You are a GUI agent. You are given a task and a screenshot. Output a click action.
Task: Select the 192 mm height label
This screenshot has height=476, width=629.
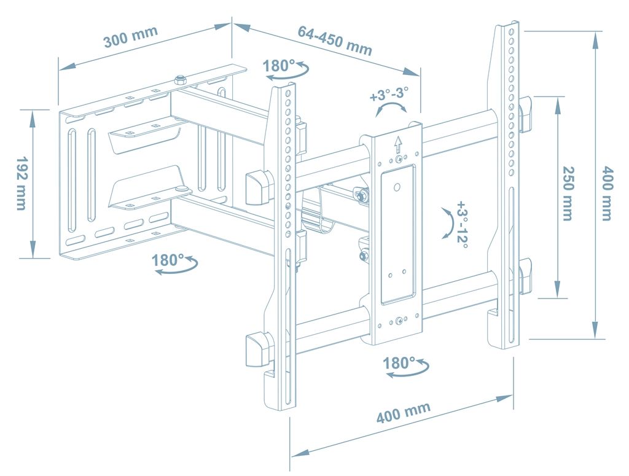pyautogui.click(x=21, y=183)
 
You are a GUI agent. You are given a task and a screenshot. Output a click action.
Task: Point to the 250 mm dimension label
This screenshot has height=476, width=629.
pyautogui.click(x=567, y=193)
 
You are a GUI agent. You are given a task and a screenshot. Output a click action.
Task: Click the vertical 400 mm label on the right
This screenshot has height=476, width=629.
pyautogui.click(x=607, y=193)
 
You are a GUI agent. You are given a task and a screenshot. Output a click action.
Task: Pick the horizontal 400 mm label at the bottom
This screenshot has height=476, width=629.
pyautogui.click(x=404, y=413)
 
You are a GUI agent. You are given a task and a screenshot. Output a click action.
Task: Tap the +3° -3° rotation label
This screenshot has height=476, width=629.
pyautogui.click(x=389, y=95)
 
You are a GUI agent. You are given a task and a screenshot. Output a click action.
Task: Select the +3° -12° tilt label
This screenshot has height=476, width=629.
pyautogui.click(x=461, y=224)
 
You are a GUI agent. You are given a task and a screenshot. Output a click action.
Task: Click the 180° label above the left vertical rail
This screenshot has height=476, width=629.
pyautogui.click(x=278, y=65)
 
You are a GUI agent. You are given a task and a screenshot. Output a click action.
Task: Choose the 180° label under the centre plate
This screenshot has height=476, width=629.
pyautogui.click(x=399, y=363)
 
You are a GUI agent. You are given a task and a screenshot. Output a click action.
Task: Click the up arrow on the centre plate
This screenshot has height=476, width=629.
pyautogui.click(x=397, y=144)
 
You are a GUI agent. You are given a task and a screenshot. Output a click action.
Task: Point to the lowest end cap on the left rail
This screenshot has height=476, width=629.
pyautogui.click(x=257, y=349)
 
